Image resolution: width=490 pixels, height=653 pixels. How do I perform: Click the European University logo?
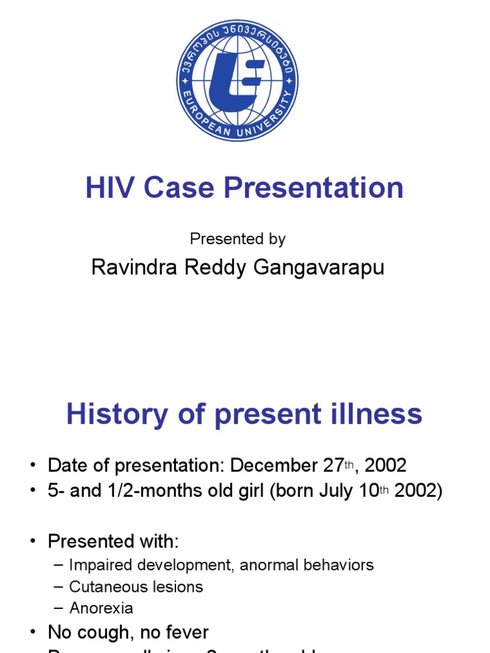[x=237, y=80]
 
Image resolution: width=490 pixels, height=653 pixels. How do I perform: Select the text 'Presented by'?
[x=237, y=239]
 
